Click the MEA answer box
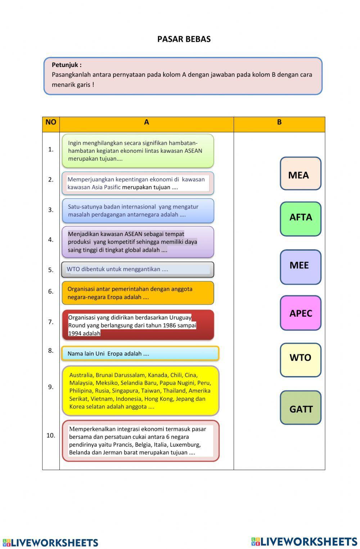[300, 174]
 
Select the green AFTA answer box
[300, 219]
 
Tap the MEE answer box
[300, 267]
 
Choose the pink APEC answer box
[300, 313]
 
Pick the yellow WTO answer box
[300, 360]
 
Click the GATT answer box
[300, 407]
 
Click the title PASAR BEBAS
[184, 39]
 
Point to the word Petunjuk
[66, 65]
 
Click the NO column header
[51, 122]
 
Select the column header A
[147, 122]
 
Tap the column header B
[279, 122]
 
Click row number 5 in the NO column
[51, 270]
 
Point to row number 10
[51, 435]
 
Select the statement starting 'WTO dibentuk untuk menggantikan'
[138, 269]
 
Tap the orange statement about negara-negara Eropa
[138, 293]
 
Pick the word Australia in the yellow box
[81, 375]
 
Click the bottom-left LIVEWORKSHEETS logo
[50, 543]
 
